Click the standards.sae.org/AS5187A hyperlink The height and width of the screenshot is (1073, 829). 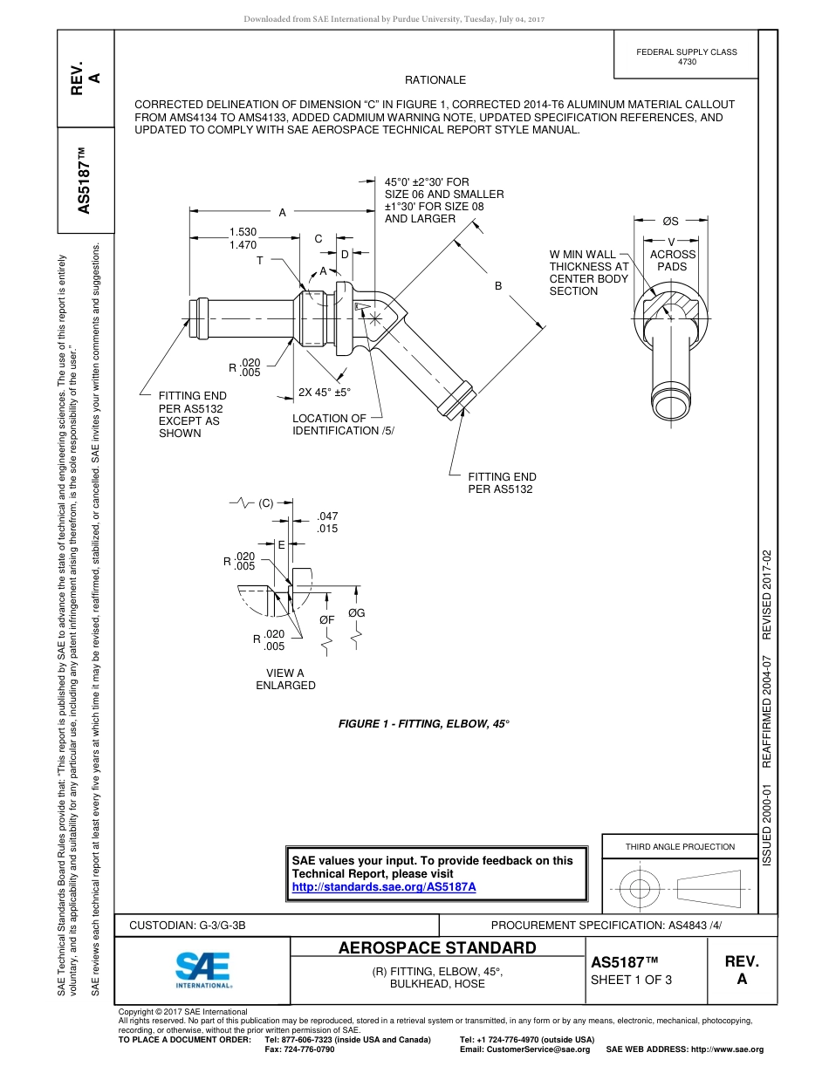383,886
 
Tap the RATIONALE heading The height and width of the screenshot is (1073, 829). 435,80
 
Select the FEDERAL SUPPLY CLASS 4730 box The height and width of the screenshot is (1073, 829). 686,57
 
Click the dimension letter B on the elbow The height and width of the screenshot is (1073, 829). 498,285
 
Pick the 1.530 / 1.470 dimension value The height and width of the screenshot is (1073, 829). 243,238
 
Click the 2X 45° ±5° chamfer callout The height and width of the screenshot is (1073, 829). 324,393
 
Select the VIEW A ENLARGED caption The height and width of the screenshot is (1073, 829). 285,679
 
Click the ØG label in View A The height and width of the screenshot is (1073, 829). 356,613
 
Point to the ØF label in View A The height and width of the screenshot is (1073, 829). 326,620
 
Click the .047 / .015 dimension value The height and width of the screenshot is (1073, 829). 327,523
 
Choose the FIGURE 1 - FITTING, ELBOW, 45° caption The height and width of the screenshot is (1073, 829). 423,724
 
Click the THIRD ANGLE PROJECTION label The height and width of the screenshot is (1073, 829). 680,846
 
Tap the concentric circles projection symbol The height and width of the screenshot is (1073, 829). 641,889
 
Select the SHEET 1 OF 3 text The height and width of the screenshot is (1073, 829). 632,979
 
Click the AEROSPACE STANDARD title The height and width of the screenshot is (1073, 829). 437,947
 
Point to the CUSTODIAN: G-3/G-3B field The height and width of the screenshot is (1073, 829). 194,925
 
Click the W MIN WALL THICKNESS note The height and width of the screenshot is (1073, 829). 588,273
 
